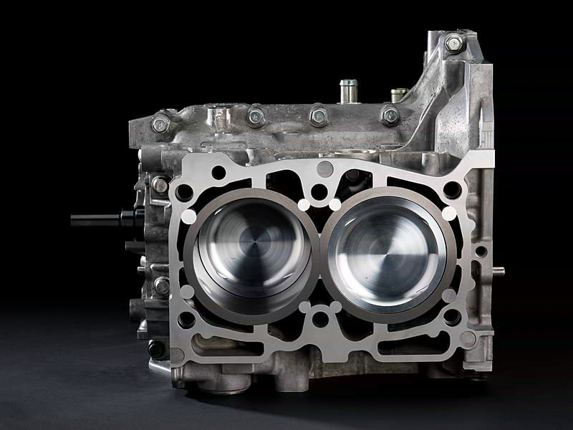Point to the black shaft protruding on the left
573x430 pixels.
click(97, 219)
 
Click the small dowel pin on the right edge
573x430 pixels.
click(498, 271)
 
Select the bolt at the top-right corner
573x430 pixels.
click(454, 43)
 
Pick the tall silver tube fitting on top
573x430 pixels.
click(348, 92)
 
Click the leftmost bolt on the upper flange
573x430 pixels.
click(161, 125)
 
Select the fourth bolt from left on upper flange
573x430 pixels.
click(390, 115)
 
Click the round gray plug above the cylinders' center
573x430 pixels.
click(324, 169)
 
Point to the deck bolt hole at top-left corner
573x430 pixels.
click(184, 191)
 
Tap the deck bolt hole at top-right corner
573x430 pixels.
click(452, 189)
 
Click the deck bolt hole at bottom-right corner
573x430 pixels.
click(453, 316)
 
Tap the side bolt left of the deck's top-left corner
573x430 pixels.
click(160, 185)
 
